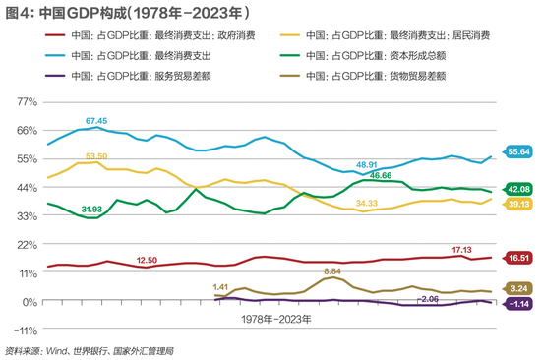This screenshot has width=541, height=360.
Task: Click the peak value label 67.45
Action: (96, 120)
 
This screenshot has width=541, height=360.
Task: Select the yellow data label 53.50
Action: (96, 156)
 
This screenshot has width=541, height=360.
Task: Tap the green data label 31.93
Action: (91, 209)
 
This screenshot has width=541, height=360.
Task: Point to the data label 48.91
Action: (367, 164)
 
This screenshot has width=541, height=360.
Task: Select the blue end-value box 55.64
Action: (518, 151)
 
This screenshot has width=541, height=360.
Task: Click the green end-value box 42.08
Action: (518, 189)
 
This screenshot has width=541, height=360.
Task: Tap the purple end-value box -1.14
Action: (518, 305)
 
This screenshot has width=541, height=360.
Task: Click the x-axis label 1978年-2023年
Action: (275, 320)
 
